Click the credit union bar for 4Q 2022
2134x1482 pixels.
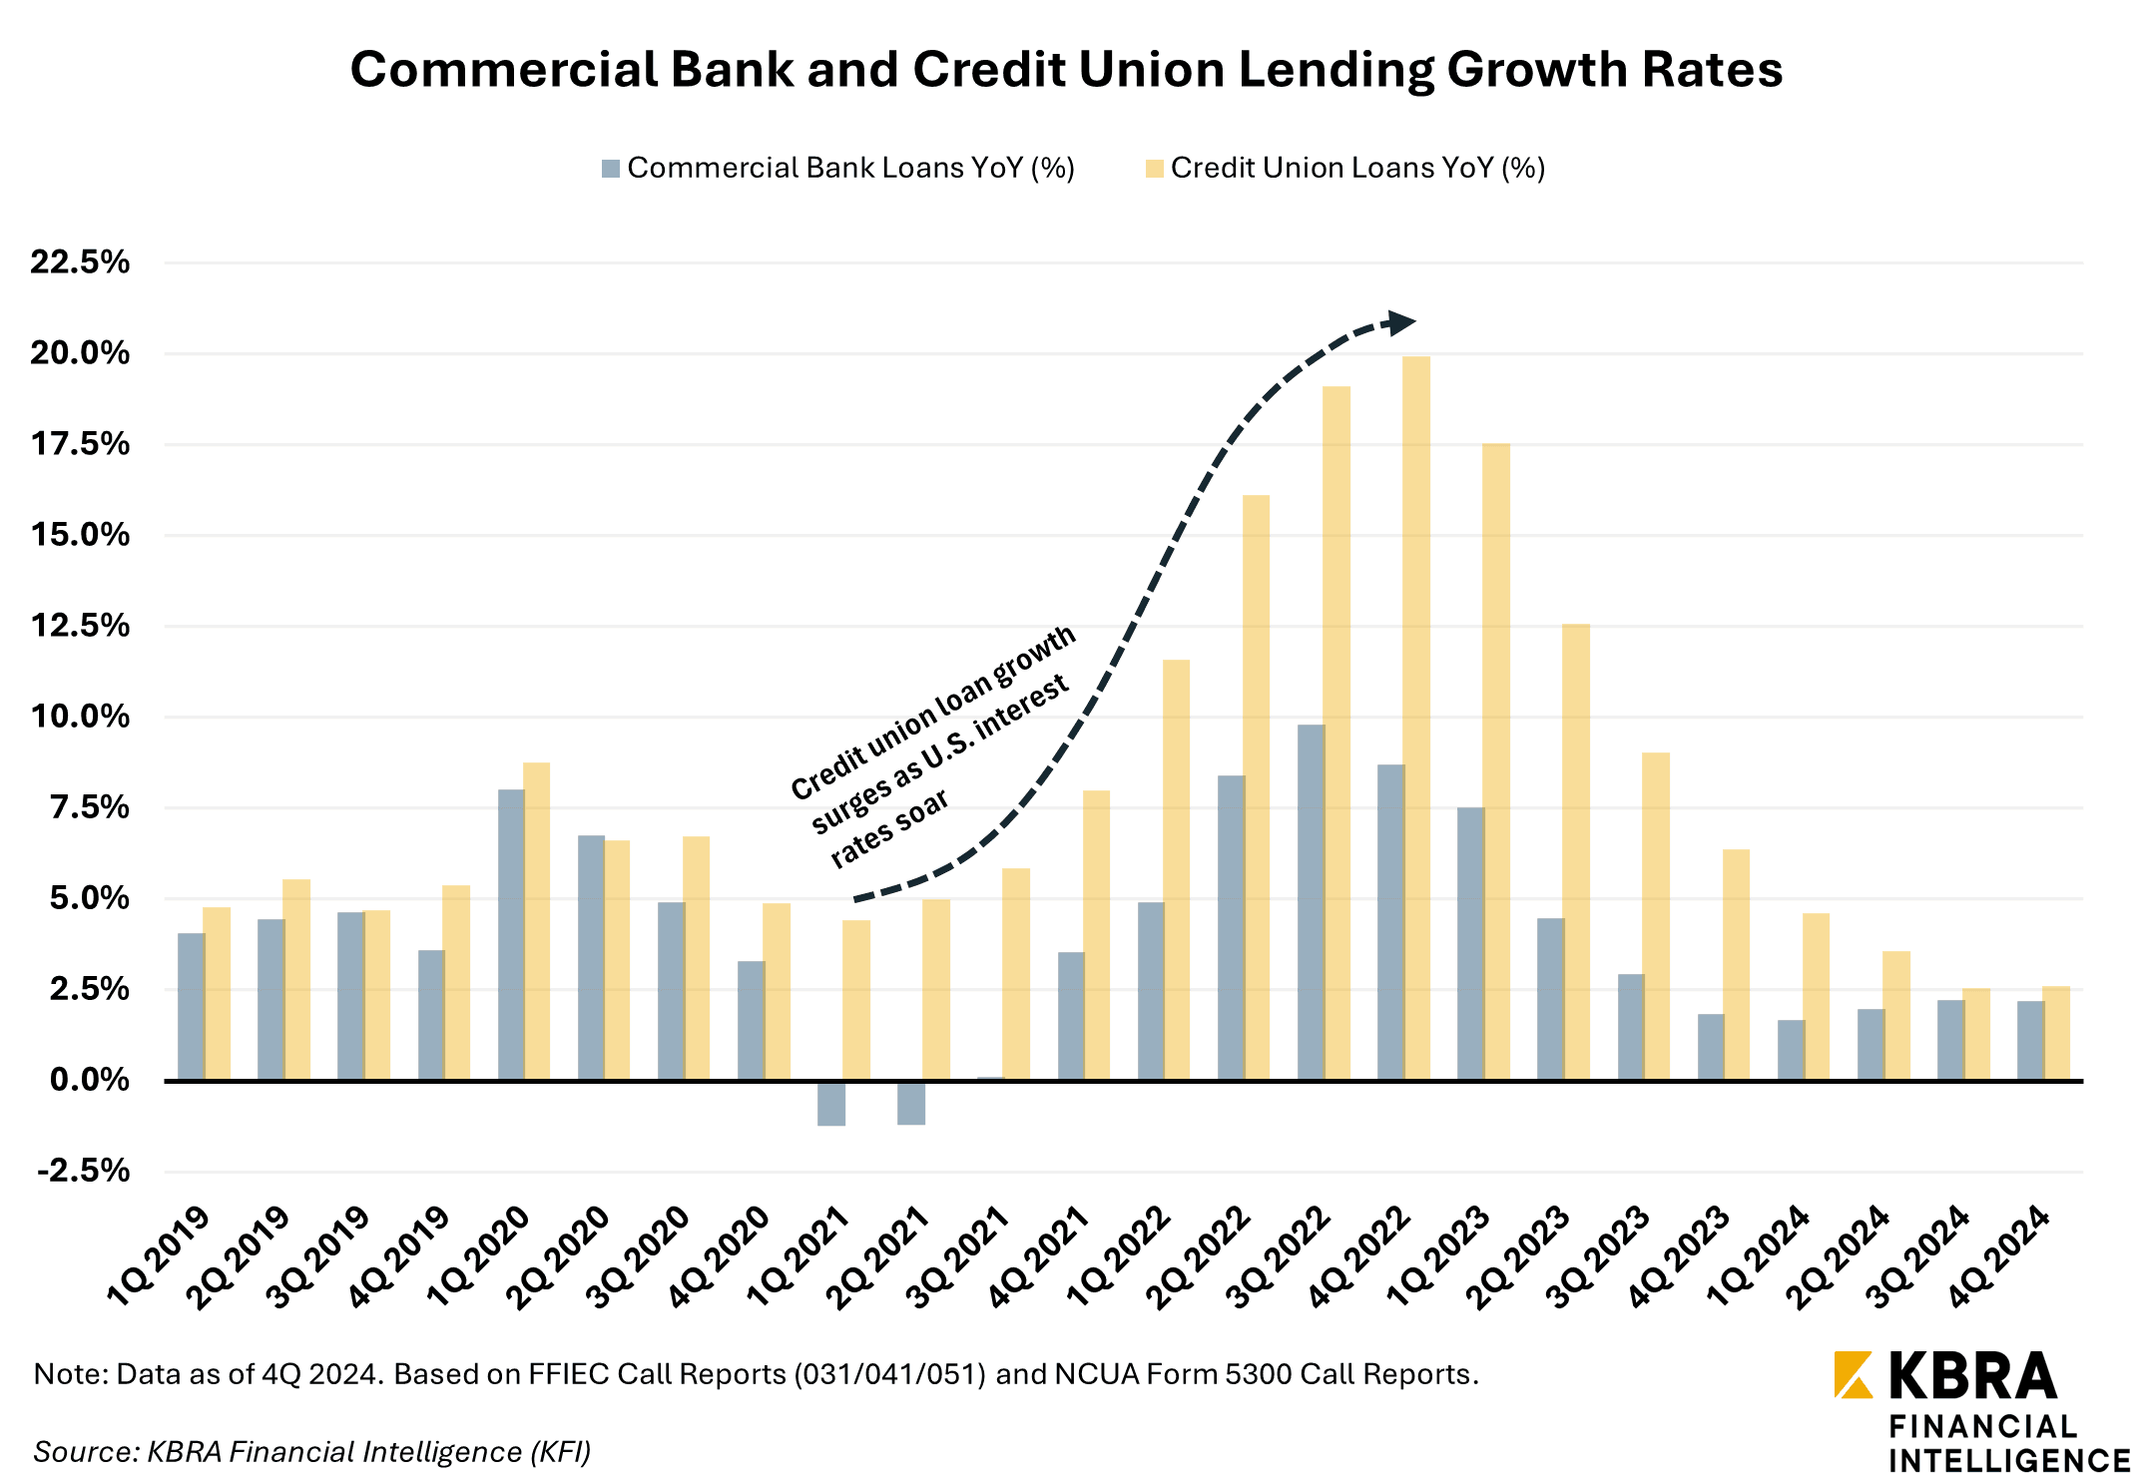[1416, 719]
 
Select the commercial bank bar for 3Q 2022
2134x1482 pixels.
[1311, 902]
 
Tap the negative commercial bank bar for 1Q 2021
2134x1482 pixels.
[831, 1103]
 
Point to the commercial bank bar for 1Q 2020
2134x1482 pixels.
[511, 934]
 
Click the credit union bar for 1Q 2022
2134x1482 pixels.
[1177, 869]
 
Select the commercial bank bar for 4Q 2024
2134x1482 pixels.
[2030, 1040]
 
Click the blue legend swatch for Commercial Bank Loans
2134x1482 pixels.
[611, 169]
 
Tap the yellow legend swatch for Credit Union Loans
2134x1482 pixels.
[1155, 169]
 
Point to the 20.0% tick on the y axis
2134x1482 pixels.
[80, 353]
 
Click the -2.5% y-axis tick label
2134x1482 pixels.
[84, 1171]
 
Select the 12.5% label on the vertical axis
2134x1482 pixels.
[80, 626]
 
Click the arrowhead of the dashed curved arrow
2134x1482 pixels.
[1401, 322]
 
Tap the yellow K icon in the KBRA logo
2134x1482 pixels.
[1854, 1374]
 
